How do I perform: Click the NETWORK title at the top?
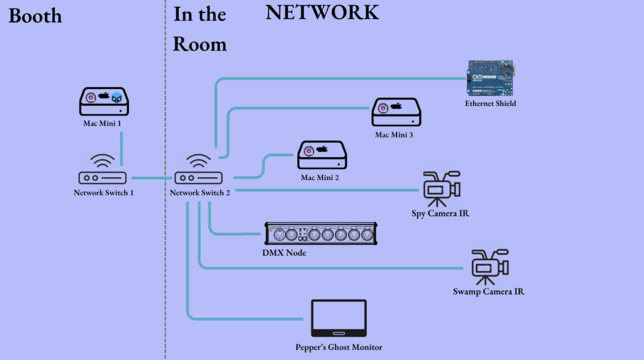coord(322,13)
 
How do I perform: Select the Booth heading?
coord(35,16)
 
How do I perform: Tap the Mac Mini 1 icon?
coord(104,102)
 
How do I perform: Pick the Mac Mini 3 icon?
coord(397,112)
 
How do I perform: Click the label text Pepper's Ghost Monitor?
coord(339,347)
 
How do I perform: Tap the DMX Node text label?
coord(284,253)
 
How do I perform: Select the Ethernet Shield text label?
coord(490,103)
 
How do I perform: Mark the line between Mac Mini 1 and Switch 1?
coord(121,149)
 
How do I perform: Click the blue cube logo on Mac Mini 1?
coord(117,97)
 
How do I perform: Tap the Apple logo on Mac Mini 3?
coord(396,106)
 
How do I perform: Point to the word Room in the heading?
coord(200,44)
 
